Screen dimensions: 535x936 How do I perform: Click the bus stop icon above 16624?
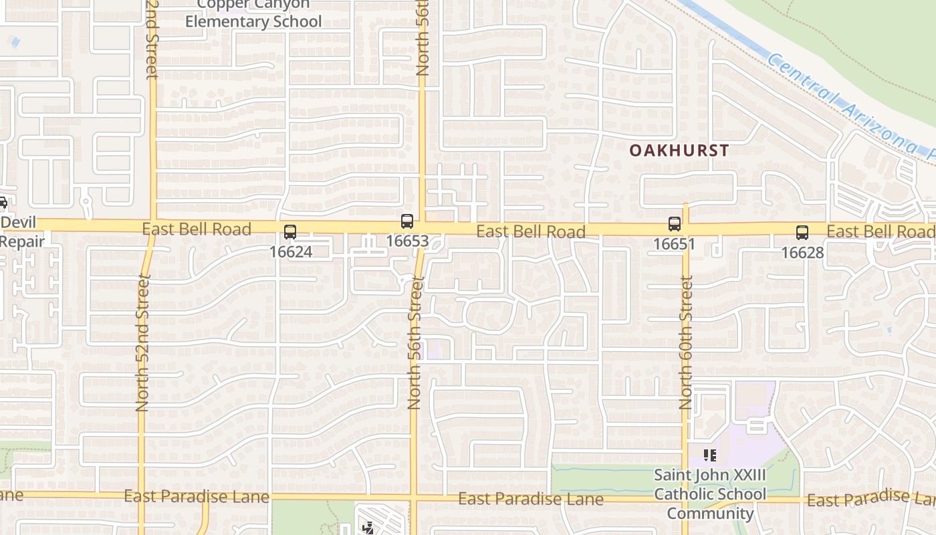point(289,232)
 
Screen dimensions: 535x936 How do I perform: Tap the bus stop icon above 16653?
point(406,221)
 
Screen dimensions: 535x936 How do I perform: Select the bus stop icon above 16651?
point(674,224)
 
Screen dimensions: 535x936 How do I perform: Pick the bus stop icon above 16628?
point(802,233)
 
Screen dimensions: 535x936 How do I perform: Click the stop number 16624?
point(290,252)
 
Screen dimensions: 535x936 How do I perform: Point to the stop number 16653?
point(406,241)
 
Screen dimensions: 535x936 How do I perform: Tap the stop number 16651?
point(674,244)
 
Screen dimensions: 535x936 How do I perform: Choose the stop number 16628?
point(802,252)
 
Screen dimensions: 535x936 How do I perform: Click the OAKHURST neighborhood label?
point(679,150)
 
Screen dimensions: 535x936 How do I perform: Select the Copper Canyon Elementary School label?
point(253,13)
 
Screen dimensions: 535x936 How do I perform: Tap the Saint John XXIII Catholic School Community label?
point(710,494)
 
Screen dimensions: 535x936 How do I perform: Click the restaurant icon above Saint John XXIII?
point(710,456)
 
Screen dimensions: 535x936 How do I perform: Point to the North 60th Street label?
point(686,342)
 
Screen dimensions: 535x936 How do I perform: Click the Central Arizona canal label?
point(849,107)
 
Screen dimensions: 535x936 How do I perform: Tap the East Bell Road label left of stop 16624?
point(197,229)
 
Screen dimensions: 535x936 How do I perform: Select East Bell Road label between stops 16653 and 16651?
point(531,232)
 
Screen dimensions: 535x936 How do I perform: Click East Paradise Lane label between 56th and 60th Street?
point(531,500)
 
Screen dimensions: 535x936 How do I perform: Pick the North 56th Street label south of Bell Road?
point(415,342)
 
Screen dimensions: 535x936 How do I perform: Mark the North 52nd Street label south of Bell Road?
point(143,342)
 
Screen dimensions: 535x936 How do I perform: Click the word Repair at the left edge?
point(22,241)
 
